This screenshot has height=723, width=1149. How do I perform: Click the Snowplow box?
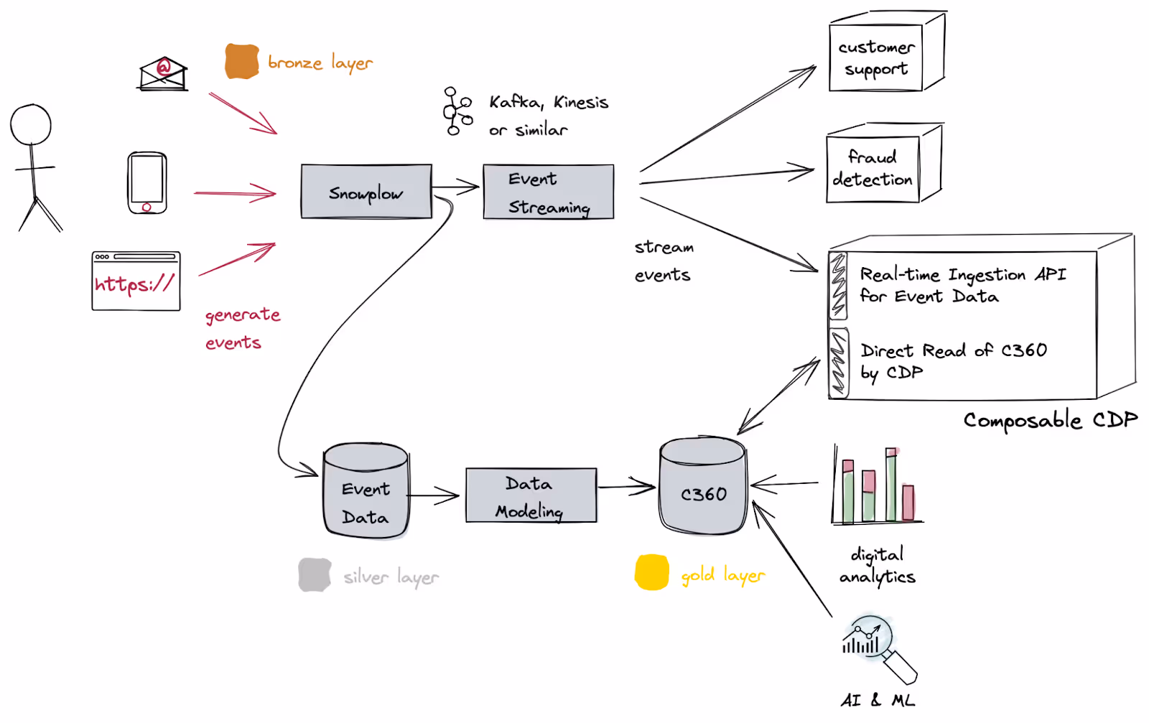point(366,192)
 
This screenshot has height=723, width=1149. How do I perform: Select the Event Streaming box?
point(549,192)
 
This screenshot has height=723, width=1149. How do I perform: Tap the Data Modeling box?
point(531,495)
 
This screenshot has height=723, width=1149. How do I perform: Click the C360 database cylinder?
point(703,485)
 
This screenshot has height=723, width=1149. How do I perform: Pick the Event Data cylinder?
point(366,490)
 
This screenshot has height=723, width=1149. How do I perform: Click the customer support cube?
point(887,51)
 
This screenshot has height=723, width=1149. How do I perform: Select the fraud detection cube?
point(884,163)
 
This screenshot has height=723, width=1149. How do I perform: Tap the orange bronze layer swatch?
point(241,62)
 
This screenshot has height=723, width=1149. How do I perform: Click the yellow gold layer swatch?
point(651,572)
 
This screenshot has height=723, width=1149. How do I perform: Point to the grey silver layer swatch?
point(315,575)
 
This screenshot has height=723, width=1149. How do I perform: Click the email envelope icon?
point(163,74)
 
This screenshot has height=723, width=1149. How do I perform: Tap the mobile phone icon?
point(147,182)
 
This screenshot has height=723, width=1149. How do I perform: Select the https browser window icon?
point(136,281)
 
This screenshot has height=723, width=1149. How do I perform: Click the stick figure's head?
point(31,125)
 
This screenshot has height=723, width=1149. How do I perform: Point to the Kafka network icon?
point(457,111)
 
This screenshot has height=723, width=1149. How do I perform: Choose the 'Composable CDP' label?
point(1051,421)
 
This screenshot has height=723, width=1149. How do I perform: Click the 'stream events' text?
point(664,261)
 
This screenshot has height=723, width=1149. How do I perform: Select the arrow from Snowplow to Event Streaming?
point(455,187)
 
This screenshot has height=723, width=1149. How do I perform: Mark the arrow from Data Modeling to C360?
point(627,486)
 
